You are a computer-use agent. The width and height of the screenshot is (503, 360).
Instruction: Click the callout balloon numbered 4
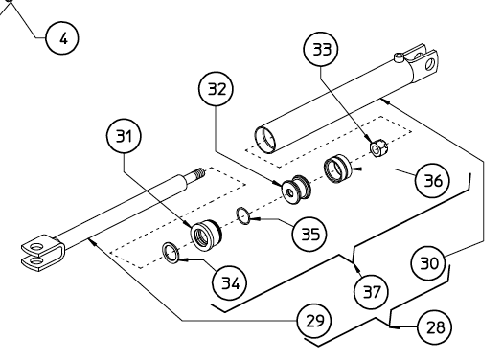coord(62,38)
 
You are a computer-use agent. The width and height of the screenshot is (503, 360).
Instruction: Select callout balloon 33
coord(321,49)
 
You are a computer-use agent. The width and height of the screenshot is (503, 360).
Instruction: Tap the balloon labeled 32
coord(216,89)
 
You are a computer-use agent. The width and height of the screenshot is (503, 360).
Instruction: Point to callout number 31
coord(124,136)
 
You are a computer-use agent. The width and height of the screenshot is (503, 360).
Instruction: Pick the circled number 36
coord(432,181)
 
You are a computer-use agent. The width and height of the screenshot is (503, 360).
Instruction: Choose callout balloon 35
coord(309,234)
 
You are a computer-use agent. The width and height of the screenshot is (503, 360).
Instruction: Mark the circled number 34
coord(230,283)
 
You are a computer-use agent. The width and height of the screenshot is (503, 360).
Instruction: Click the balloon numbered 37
coord(371,292)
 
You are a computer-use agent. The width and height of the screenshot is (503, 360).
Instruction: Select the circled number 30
coord(428,263)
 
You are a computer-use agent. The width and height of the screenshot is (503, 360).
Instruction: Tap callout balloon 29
coord(314,320)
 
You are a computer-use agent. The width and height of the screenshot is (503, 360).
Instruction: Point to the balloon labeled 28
coord(435,327)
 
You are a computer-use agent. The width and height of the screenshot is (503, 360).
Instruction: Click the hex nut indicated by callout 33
coord(378,148)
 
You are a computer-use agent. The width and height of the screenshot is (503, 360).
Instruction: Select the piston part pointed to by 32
coord(296,191)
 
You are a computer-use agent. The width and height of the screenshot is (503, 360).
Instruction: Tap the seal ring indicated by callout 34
coord(171,254)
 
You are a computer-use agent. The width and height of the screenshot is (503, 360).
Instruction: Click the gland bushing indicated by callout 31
coord(206,236)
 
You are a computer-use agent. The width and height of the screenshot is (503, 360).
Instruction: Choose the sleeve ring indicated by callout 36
coord(337,169)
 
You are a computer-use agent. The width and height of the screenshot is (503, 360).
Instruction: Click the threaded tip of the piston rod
coord(199,174)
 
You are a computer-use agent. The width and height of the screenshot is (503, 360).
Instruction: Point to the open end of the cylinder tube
coord(265,140)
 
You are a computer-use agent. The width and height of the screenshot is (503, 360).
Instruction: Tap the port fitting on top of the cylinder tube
coord(399,57)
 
